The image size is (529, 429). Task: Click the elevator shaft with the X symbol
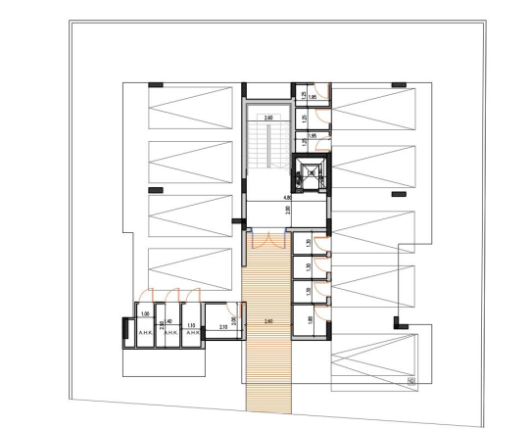coord(311,177)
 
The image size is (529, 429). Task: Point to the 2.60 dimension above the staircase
coord(267,117)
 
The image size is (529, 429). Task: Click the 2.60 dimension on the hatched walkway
coord(267,320)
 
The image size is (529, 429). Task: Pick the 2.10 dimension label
coord(222,326)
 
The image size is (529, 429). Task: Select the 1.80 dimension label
coord(308,319)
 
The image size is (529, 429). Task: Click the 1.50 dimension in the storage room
coord(308,291)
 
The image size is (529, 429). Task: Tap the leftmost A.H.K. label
coord(144,332)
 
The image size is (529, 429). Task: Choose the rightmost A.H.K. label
coord(193,332)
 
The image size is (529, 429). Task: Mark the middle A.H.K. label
coord(168,332)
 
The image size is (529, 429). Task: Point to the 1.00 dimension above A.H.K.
coord(144,313)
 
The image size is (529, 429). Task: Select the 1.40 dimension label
coord(168,321)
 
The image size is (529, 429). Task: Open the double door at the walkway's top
coord(267,239)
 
